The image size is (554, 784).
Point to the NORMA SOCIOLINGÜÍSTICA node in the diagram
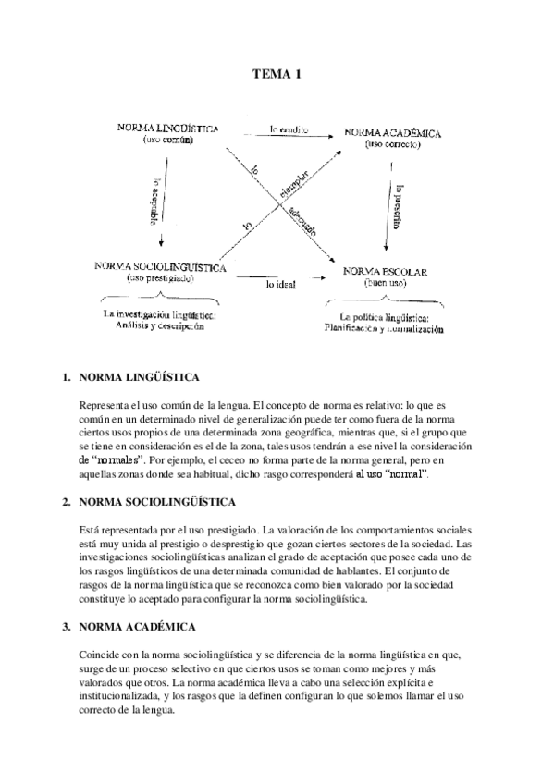[161, 265]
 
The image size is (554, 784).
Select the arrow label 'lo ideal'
[280, 285]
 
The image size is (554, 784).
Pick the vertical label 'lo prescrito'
[398, 204]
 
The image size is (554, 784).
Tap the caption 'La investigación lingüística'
[159, 314]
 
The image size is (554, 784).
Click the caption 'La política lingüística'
[384, 317]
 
